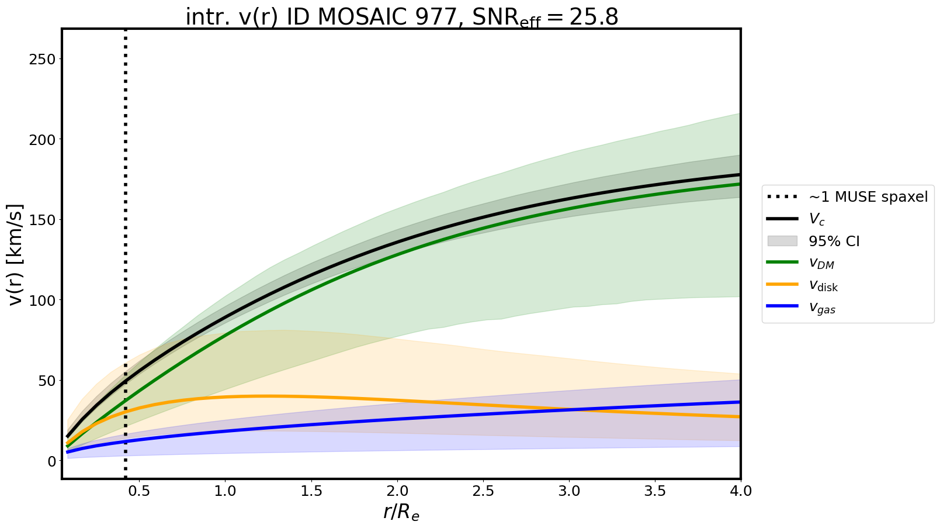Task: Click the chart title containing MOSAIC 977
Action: [401, 17]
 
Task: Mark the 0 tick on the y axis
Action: [53, 461]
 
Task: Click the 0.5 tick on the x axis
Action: [139, 491]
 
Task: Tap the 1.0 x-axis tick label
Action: [225, 491]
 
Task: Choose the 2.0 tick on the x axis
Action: [397, 491]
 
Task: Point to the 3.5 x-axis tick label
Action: [655, 491]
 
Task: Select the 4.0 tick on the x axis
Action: [740, 491]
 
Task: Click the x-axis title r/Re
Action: [401, 512]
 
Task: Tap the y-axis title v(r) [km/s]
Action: [16, 254]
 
